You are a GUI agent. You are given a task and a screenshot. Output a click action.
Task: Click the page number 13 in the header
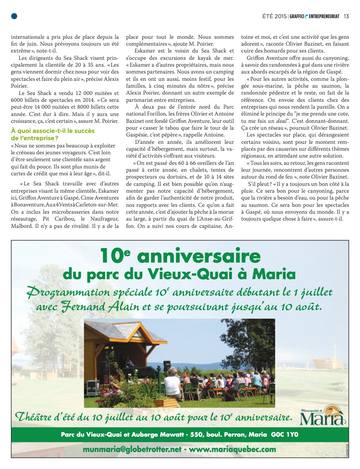(x=346, y=16)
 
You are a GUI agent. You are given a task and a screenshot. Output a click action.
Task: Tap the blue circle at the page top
(x=14, y=16)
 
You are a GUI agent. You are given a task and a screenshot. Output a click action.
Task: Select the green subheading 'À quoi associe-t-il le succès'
(x=53, y=130)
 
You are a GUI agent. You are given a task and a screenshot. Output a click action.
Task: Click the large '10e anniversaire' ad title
(x=180, y=255)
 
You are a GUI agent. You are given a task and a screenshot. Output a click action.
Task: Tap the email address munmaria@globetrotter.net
(x=132, y=449)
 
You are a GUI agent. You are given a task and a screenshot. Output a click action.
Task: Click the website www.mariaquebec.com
(x=232, y=449)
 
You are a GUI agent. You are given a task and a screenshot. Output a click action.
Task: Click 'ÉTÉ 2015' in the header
(x=275, y=16)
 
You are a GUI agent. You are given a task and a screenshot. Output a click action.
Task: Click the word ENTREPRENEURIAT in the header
(x=324, y=16)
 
